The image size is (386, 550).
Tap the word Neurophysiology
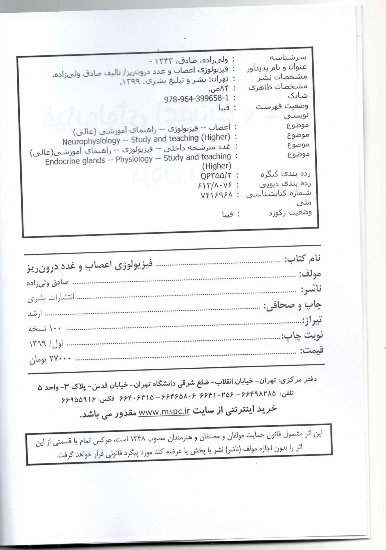coord(91,141)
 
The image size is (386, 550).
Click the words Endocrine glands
coord(75,161)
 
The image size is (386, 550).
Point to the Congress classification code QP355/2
coord(216,176)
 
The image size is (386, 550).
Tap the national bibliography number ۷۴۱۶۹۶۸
coord(217,195)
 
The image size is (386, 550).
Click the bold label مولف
coord(309,273)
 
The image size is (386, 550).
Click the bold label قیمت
coord(311,350)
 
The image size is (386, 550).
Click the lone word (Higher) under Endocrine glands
coord(216,166)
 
